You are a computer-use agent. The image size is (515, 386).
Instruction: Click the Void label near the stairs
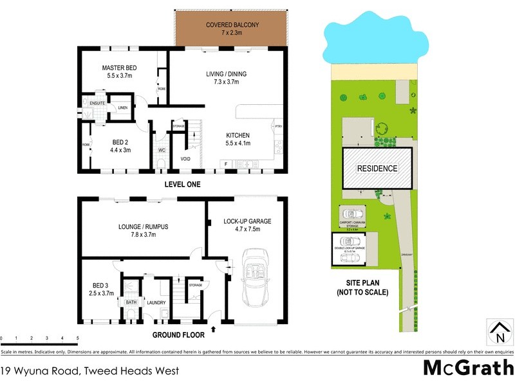185,158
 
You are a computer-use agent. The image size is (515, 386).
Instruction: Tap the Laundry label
156,302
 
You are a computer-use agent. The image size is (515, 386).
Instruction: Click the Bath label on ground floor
131,302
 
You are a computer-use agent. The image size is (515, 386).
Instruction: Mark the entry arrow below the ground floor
213,331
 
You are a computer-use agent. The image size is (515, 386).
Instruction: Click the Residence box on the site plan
377,168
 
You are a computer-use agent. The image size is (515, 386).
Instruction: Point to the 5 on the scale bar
78,338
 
